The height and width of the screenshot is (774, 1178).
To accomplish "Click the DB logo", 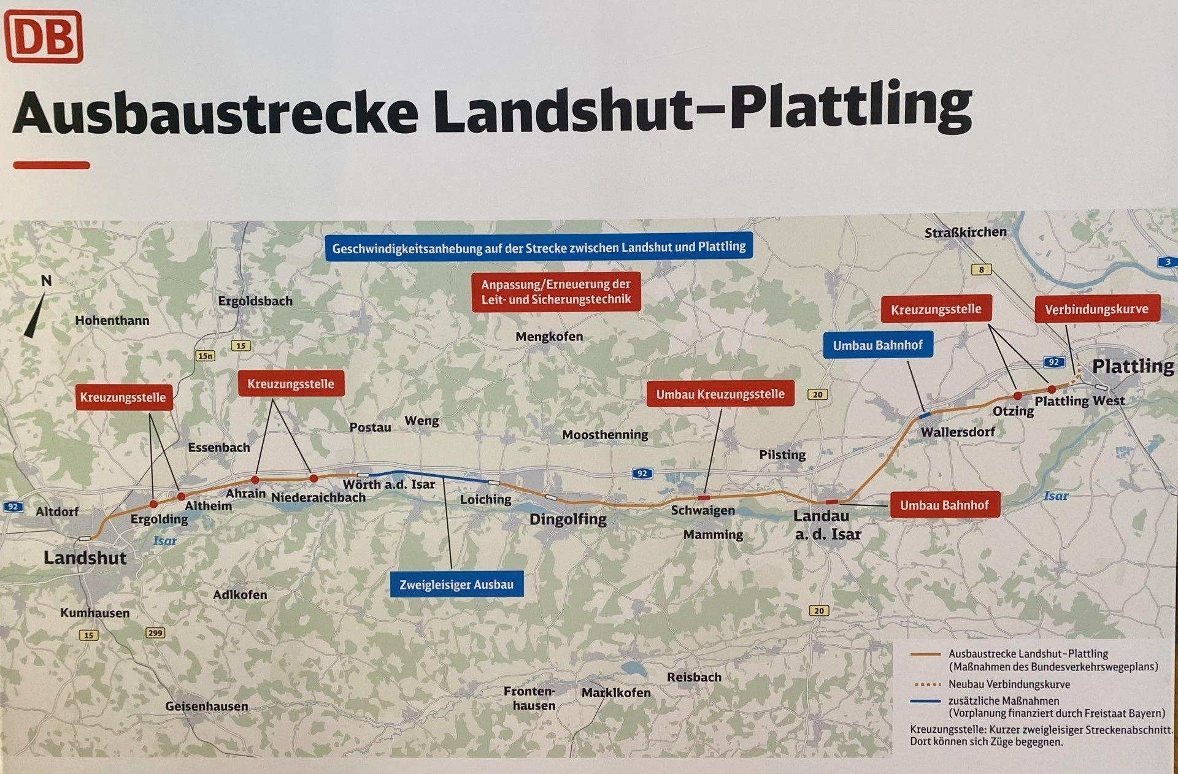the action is (44, 37).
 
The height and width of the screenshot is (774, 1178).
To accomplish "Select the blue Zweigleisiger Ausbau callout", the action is (456, 584).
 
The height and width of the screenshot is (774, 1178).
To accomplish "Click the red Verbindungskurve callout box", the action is (1096, 309).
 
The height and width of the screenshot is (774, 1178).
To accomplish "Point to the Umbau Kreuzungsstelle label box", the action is (720, 394).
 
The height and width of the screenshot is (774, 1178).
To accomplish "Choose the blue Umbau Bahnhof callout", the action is (877, 345).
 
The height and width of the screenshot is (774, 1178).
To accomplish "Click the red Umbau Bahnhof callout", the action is (944, 505).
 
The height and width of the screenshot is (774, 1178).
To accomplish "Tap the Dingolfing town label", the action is (568, 519).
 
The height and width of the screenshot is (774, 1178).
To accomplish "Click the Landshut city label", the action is (85, 558).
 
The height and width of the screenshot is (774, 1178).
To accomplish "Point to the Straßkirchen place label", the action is (965, 232).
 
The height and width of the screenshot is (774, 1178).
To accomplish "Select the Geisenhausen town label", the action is (206, 706).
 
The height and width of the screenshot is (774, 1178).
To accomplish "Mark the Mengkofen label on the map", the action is (549, 337).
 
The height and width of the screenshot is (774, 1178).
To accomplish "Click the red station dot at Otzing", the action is (1017, 396).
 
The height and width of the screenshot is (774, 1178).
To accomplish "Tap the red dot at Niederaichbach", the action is (314, 478).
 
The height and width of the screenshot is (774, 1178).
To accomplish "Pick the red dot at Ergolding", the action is (153, 504).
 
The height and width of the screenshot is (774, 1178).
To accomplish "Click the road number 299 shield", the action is (155, 633).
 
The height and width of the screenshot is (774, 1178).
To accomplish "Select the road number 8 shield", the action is (981, 269).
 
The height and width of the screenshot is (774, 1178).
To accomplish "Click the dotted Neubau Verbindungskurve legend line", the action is (926, 684).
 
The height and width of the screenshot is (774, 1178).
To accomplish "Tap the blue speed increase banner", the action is (539, 248).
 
